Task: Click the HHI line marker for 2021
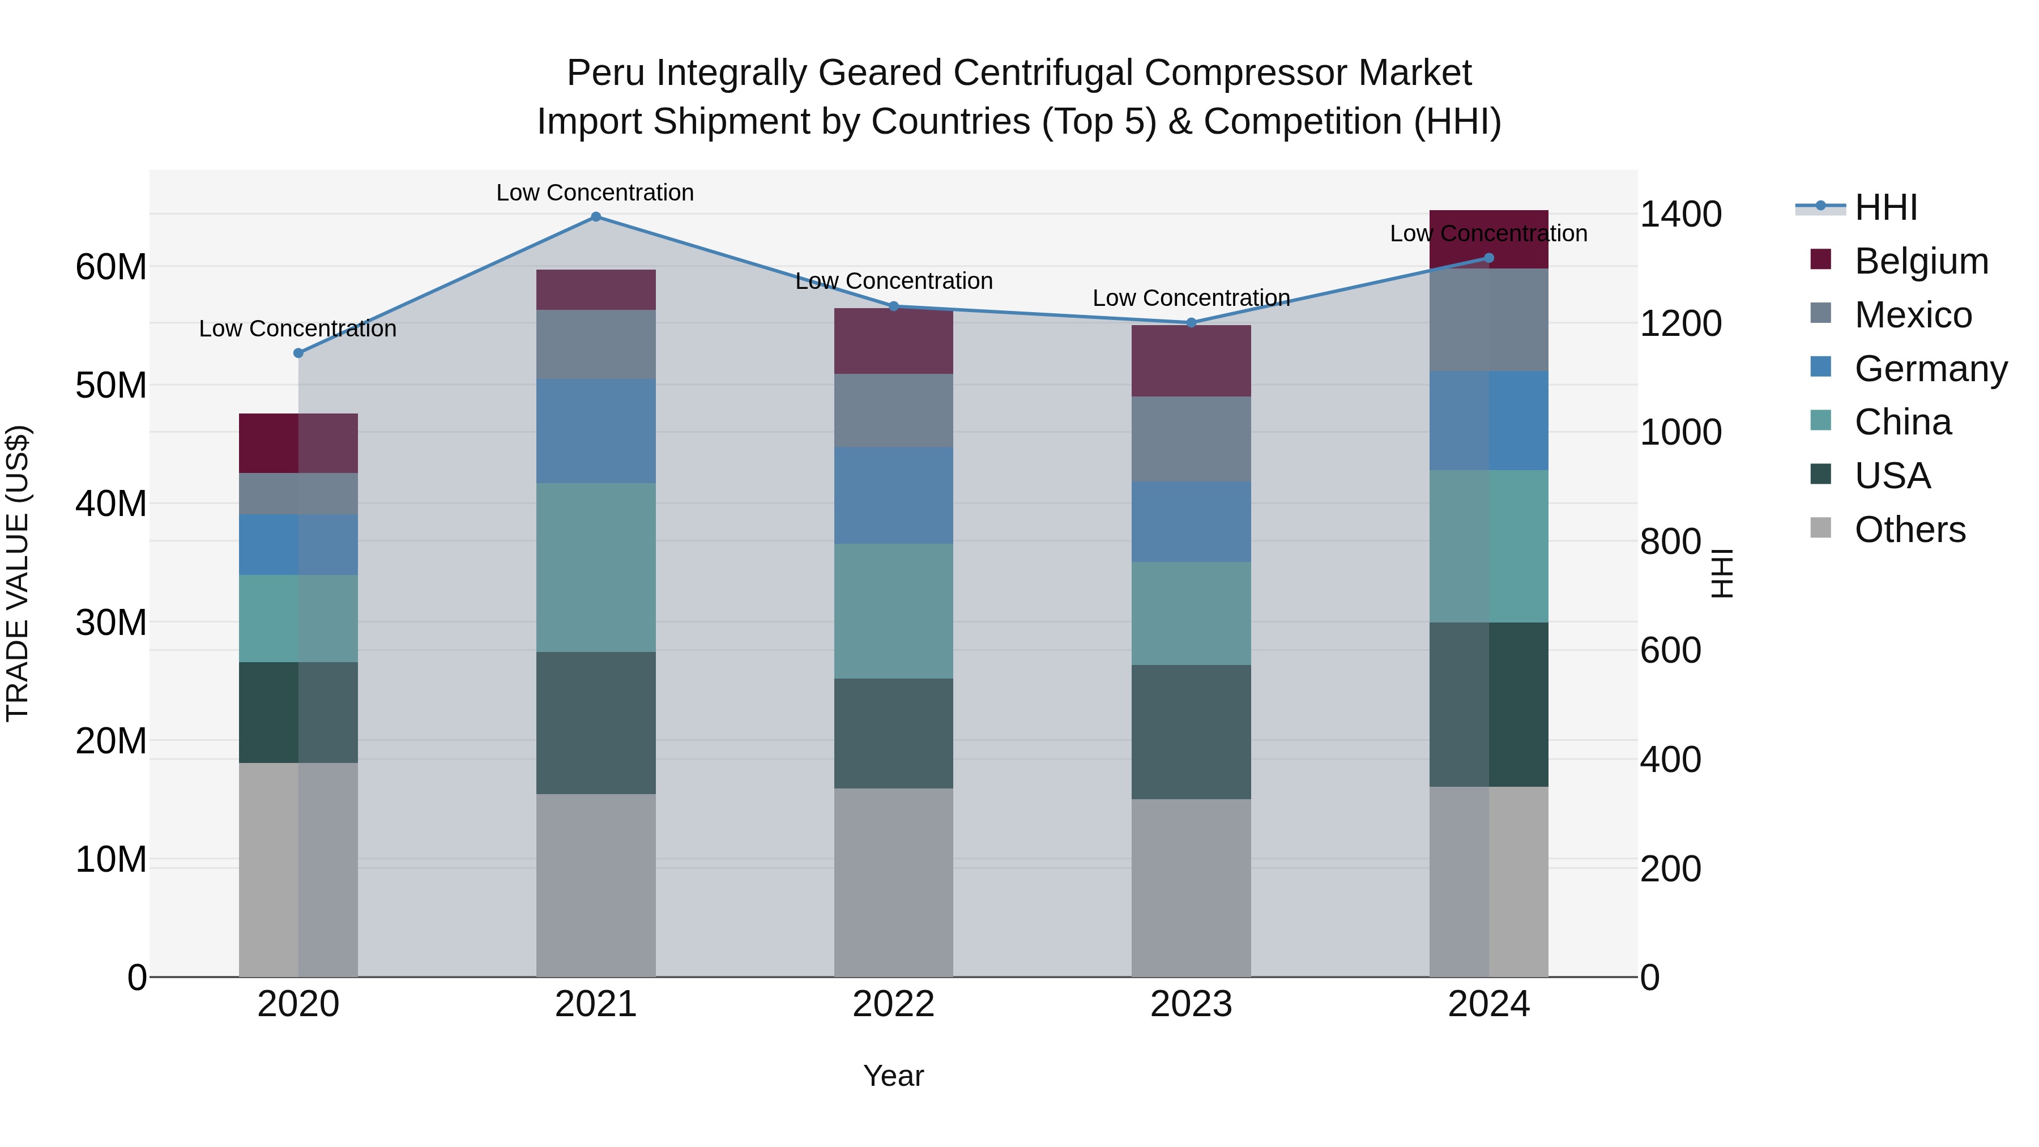click(x=596, y=217)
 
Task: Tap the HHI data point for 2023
click(x=1191, y=323)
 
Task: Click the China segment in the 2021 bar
click(x=596, y=568)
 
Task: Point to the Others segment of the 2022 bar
click(x=894, y=882)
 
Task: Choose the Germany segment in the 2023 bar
click(x=1191, y=522)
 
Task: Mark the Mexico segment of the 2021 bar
click(x=596, y=344)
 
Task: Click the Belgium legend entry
click(x=1921, y=261)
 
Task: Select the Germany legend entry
click(x=1931, y=369)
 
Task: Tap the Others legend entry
click(x=1910, y=530)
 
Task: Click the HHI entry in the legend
click(x=1886, y=207)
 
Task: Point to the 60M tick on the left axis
click(x=111, y=267)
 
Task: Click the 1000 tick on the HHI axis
click(x=1680, y=432)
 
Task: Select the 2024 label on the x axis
click(x=1489, y=1004)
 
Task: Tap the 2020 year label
click(x=298, y=1004)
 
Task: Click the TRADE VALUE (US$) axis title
click(x=18, y=573)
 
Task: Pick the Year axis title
click(x=894, y=1076)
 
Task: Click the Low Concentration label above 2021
click(x=595, y=193)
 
